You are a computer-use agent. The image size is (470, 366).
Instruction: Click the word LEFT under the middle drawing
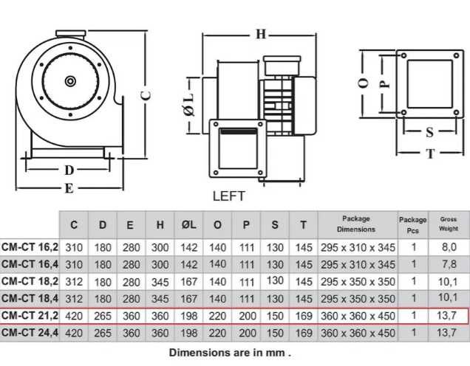228,196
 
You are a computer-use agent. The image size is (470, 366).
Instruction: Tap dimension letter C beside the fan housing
146,94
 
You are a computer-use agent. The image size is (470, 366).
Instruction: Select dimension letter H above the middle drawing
260,33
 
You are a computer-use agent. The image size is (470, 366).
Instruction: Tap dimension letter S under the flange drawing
429,133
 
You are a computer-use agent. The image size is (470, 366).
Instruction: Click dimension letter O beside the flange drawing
363,83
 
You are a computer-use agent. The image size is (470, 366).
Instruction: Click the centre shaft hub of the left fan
70,80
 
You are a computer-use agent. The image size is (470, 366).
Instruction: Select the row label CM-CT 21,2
30,316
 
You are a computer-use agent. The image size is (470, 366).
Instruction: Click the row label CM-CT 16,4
30,263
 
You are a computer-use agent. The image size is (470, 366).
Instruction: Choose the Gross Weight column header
449,224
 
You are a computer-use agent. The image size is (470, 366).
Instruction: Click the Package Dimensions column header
356,224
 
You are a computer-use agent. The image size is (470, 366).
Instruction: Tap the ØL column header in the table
188,224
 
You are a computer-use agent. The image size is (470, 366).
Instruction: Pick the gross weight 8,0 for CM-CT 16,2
449,246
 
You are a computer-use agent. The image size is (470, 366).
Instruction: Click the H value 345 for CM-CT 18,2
160,281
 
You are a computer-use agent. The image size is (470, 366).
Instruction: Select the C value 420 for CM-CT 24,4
74,334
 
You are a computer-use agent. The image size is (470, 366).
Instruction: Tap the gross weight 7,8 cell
449,264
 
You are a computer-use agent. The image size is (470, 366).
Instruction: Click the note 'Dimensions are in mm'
230,352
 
